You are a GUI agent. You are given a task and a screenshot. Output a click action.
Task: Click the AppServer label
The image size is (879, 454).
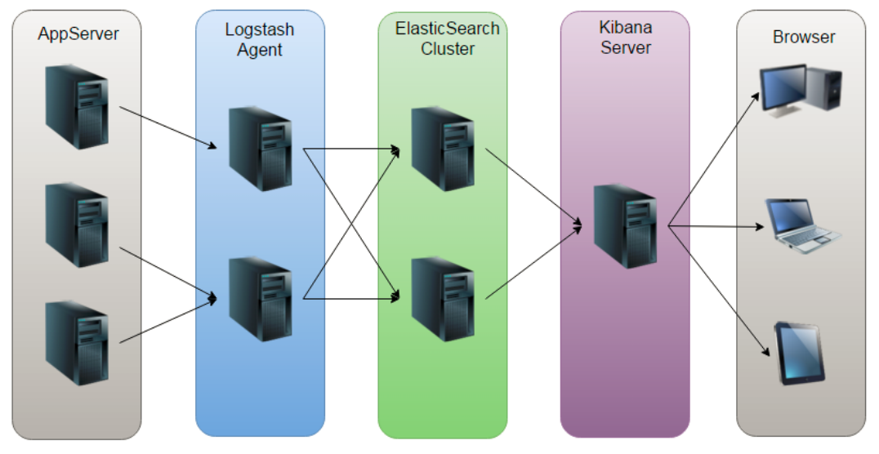78,34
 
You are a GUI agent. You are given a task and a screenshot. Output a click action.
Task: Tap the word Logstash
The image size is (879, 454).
260,29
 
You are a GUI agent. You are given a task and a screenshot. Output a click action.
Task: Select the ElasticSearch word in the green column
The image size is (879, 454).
447,28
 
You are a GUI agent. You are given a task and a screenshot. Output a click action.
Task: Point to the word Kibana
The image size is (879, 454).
625,27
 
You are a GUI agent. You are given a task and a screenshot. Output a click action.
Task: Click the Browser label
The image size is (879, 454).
803,37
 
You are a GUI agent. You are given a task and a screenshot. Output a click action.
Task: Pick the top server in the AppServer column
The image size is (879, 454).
77,107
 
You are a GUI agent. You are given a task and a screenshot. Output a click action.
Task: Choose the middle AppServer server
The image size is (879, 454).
77,225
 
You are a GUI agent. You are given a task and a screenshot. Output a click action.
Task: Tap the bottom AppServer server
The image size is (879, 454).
77,343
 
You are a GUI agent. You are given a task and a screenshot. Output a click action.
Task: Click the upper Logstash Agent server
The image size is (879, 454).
260,149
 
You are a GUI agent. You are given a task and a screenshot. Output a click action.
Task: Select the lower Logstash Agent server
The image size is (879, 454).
260,299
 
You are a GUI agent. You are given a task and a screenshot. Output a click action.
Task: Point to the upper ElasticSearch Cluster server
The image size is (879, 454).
443,149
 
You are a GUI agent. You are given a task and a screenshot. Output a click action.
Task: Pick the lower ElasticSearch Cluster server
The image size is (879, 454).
443,299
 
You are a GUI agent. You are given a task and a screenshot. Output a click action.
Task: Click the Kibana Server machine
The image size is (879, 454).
625,226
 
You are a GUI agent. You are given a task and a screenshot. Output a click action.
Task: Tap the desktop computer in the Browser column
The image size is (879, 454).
801,90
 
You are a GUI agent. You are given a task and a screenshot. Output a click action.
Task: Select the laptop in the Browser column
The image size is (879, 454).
803,225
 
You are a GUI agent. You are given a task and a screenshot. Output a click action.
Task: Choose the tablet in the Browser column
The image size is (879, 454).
800,353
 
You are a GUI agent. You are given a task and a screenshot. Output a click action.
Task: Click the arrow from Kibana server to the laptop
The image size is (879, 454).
716,226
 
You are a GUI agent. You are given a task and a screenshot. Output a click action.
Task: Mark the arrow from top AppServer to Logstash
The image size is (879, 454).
168,128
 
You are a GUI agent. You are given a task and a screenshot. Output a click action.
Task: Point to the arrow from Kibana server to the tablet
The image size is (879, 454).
719,291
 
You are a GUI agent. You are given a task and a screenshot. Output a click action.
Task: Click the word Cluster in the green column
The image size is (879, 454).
448,49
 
